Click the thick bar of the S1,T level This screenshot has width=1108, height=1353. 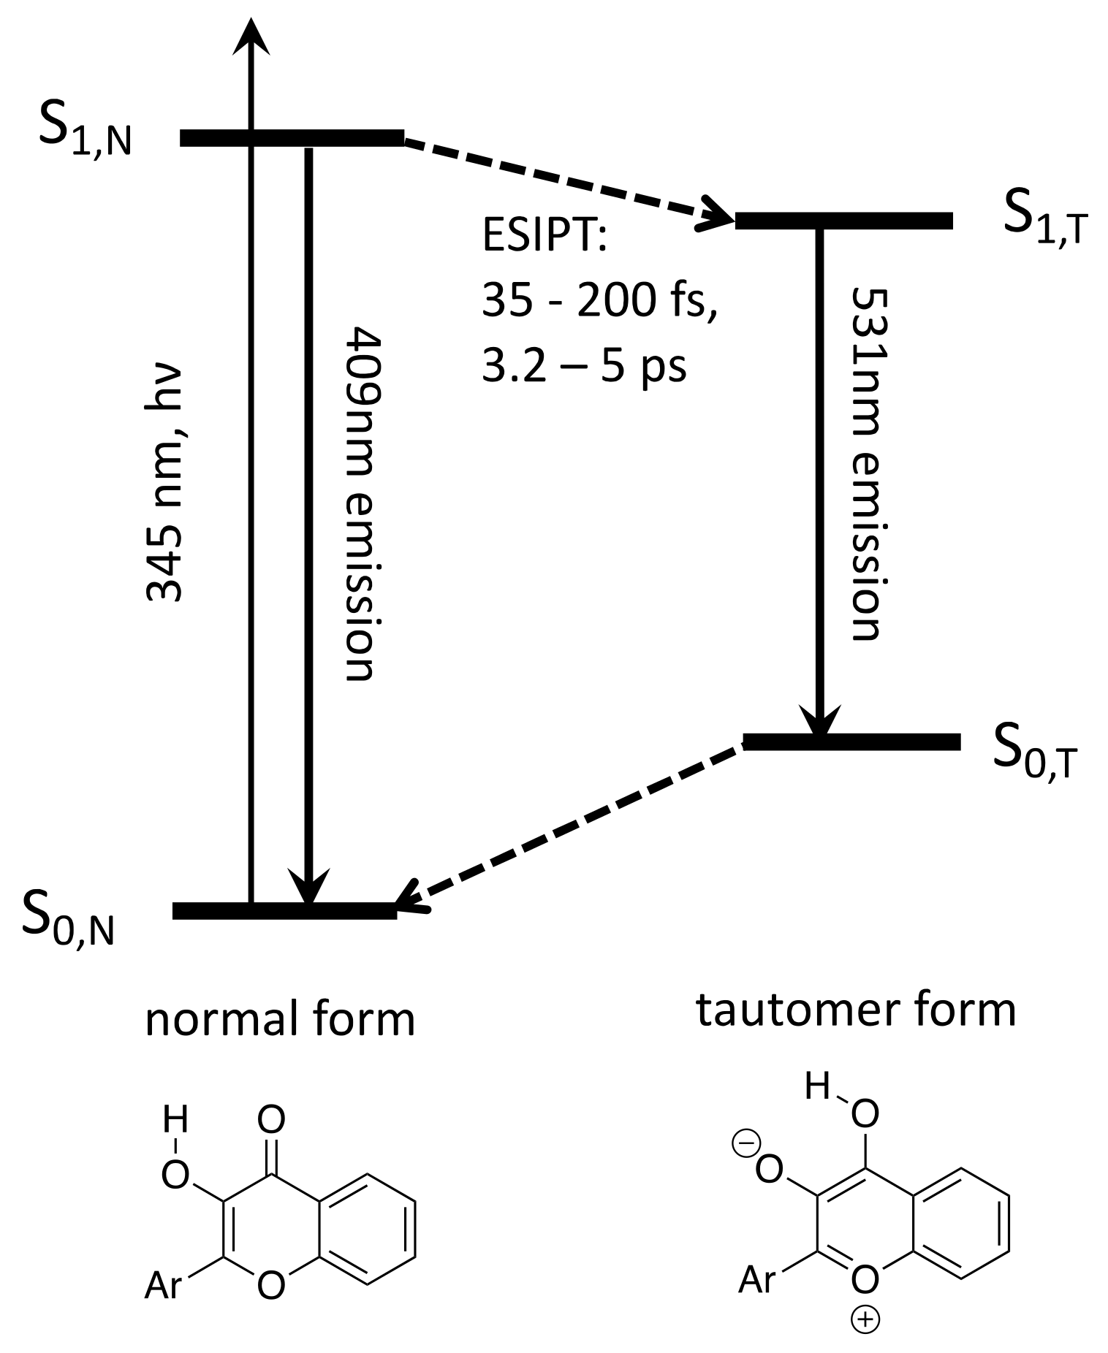point(843,221)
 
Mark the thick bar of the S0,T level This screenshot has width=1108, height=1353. point(851,742)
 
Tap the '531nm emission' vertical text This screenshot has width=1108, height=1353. point(868,464)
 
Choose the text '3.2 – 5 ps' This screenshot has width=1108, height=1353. point(584,365)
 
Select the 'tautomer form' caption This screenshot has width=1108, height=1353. point(856,1010)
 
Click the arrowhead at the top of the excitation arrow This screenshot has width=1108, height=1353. point(251,37)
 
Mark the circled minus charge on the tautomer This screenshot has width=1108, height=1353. point(751,1142)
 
